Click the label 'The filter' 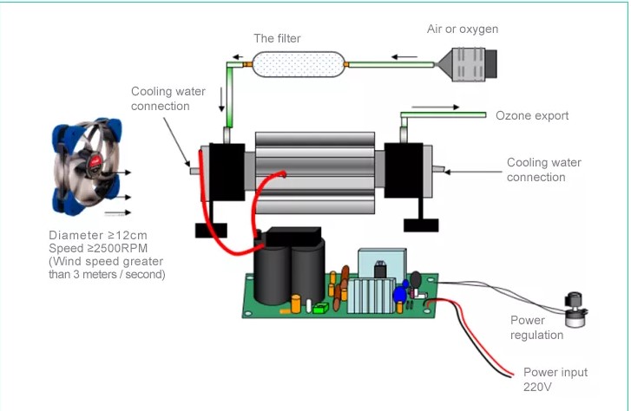pyautogui.click(x=278, y=38)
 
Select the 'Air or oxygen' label pyautogui.click(x=463, y=29)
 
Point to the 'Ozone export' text pyautogui.click(x=532, y=115)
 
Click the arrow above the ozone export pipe pyautogui.click(x=432, y=108)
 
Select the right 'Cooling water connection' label pyautogui.click(x=544, y=170)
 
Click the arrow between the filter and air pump pyautogui.click(x=404, y=57)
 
